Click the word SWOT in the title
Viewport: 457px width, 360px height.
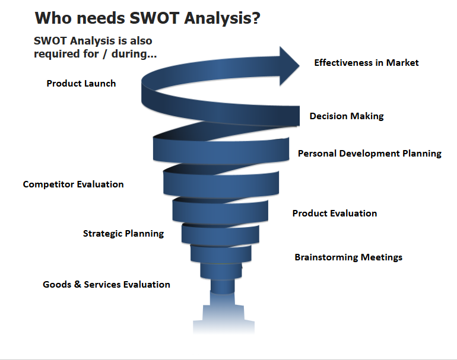tap(154, 18)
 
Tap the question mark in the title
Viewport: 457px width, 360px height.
tap(256, 18)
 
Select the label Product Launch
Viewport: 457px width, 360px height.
tap(81, 84)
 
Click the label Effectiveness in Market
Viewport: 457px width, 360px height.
tap(366, 63)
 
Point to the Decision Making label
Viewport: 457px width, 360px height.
tap(347, 116)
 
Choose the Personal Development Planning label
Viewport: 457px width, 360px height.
tap(370, 154)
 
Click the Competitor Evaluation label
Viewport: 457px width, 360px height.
tap(73, 184)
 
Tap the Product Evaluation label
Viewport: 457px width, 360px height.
tap(335, 213)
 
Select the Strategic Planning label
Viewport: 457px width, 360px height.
tap(123, 234)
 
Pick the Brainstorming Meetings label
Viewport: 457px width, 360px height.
tap(348, 257)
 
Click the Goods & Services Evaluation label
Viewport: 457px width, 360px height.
tap(106, 284)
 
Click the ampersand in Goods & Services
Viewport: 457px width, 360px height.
tap(78, 284)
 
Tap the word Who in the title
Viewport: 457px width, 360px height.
tap(53, 18)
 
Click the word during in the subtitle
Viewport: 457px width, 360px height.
tap(134, 54)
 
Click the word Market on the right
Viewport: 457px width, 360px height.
tap(402, 63)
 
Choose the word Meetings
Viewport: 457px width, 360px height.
tap(382, 257)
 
